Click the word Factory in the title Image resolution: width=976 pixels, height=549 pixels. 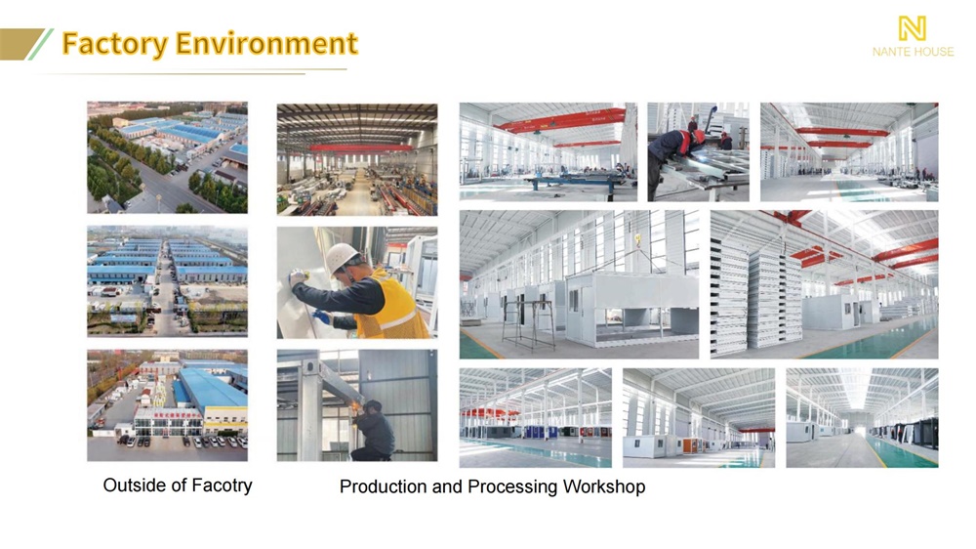(x=115, y=44)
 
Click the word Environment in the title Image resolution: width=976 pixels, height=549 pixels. (x=266, y=43)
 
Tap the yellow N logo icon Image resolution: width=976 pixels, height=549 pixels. (x=913, y=28)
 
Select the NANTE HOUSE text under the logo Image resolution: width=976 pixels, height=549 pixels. (x=913, y=52)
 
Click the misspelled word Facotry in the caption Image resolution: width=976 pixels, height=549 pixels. (x=222, y=486)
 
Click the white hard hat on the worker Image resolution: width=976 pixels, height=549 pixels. (x=342, y=256)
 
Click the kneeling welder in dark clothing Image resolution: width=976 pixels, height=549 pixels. (x=374, y=431)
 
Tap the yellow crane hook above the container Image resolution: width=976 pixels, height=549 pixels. (x=637, y=240)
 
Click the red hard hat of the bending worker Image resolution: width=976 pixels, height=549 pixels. (x=699, y=136)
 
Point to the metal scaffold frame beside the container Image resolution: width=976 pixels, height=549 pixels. (x=528, y=324)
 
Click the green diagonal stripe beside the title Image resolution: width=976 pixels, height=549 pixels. (x=40, y=44)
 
